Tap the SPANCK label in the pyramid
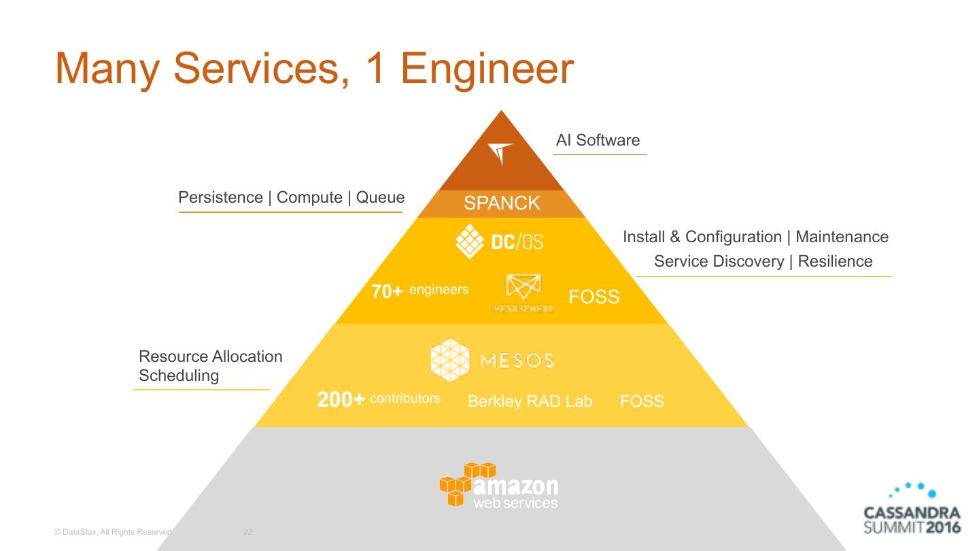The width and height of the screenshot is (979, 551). point(502,203)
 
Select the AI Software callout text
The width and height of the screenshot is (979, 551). point(598,140)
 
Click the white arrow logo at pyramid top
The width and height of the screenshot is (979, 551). point(500,153)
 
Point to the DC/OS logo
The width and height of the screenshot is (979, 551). point(499,241)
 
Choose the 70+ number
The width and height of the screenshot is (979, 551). point(388,292)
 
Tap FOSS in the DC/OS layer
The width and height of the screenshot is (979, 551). point(594,297)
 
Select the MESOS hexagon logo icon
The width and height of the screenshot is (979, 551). point(450,360)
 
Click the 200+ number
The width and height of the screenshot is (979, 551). point(341,400)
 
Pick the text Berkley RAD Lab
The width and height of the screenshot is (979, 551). point(530,401)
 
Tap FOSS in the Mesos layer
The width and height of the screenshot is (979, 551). point(642,401)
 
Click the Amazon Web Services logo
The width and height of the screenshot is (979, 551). point(499,485)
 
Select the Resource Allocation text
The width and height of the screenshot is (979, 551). point(210,356)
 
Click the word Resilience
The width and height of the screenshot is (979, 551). point(835,261)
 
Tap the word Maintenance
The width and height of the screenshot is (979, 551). point(842,237)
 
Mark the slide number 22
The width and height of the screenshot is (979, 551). point(247,532)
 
